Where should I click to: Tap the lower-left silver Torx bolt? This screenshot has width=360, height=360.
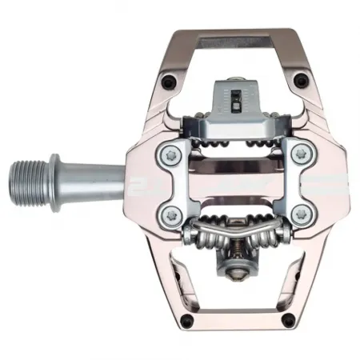(x=170, y=213)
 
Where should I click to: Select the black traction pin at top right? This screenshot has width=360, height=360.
(x=301, y=78)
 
